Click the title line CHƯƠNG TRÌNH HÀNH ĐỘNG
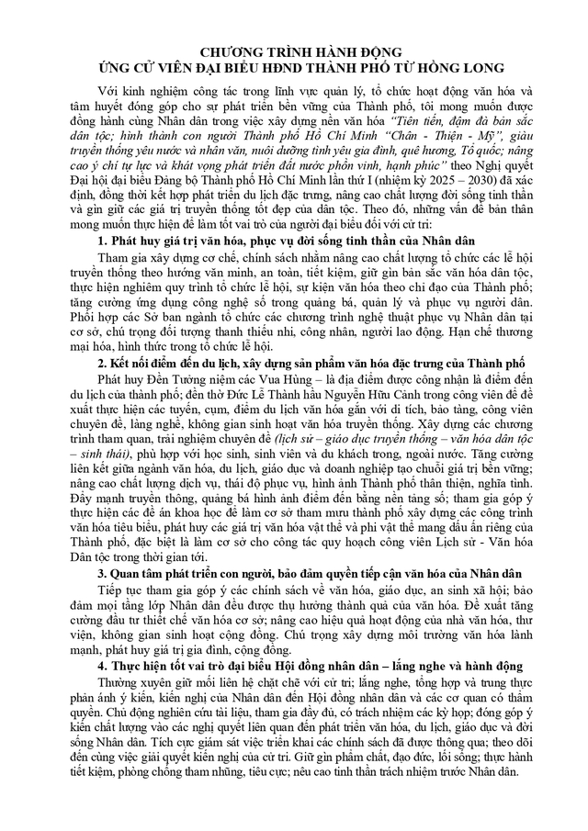pos(293,52)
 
